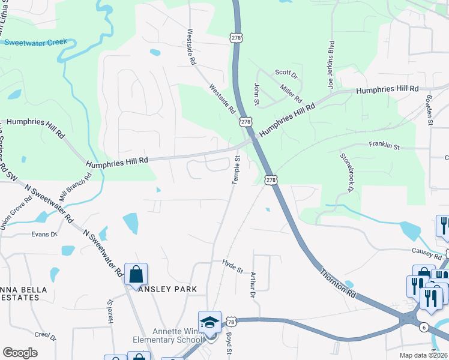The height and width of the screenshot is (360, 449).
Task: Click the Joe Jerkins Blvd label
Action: click(330, 65)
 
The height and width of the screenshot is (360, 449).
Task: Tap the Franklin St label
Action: click(384, 145)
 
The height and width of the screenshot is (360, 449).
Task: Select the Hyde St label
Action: click(232, 266)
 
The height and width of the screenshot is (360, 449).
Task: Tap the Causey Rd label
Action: click(426, 250)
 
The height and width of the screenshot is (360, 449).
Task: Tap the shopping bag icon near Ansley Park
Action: click(136, 275)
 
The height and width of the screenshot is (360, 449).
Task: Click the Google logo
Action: click(20, 353)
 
